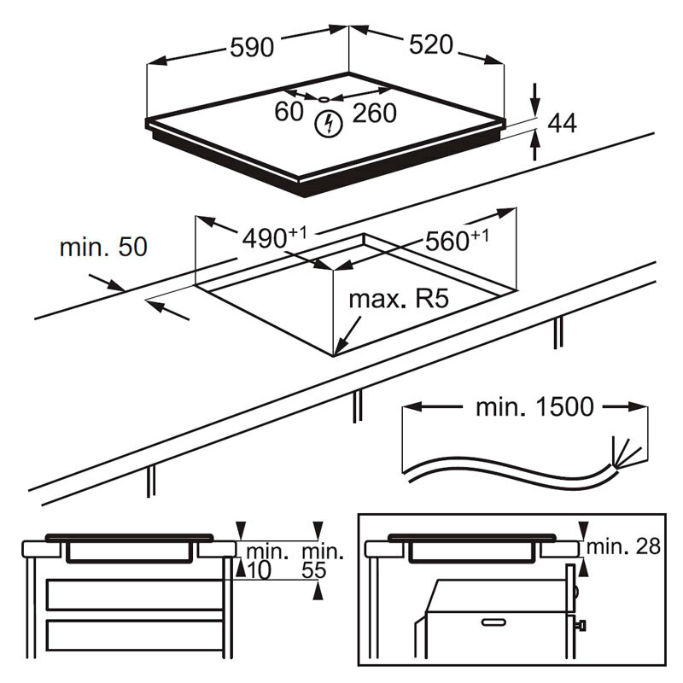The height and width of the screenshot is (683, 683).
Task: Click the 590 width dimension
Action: click(252, 48)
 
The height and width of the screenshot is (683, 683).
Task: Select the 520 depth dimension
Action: click(429, 45)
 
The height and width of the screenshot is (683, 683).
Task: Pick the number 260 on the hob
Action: click(373, 113)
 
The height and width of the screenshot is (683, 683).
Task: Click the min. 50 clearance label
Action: click(103, 248)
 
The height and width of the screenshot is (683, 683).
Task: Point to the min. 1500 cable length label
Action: click(534, 407)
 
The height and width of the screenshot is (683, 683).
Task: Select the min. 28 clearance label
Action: click(624, 546)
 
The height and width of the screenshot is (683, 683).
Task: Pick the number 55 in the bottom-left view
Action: click(315, 569)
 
